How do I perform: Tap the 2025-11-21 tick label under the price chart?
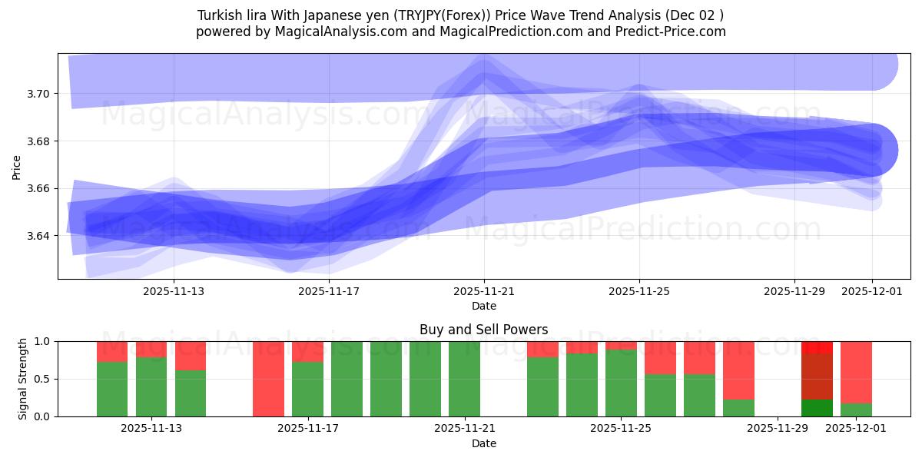point(484,292)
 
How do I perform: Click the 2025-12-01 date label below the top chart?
point(871,292)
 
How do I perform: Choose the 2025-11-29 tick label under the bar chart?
point(778,429)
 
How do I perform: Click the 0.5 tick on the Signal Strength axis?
point(42,379)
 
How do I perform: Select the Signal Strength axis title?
point(23,378)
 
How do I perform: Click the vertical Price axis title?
point(17,166)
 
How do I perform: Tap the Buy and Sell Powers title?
point(484,330)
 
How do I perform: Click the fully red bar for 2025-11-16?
point(268,379)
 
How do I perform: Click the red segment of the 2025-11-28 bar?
point(738,370)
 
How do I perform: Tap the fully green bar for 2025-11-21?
point(464,379)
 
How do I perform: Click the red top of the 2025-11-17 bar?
point(307,351)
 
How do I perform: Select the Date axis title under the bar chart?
point(484,443)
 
